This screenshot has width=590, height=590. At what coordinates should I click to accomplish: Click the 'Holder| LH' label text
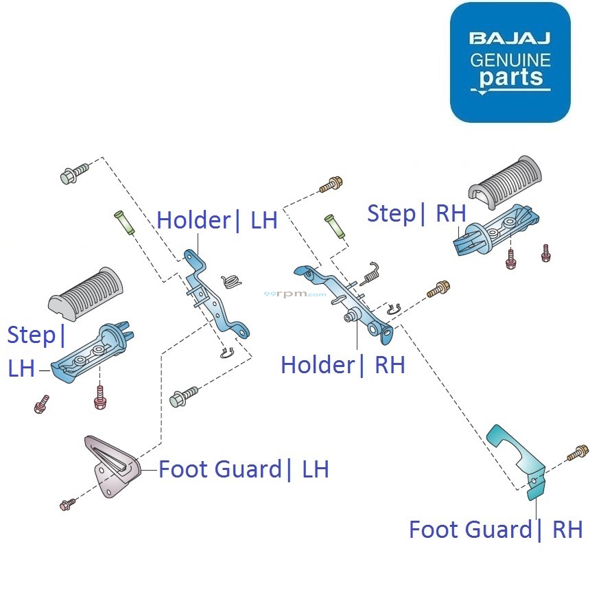tap(217, 221)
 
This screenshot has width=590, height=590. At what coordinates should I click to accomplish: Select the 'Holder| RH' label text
tap(342, 365)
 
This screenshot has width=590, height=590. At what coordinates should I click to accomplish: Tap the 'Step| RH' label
tap(416, 213)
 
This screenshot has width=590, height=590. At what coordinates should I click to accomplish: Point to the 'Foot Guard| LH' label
tap(244, 470)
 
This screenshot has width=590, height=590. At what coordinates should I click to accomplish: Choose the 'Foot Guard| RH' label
tap(495, 530)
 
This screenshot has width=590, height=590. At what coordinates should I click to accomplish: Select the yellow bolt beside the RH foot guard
tap(578, 453)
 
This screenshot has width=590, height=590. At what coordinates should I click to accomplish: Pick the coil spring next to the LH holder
tap(233, 281)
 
